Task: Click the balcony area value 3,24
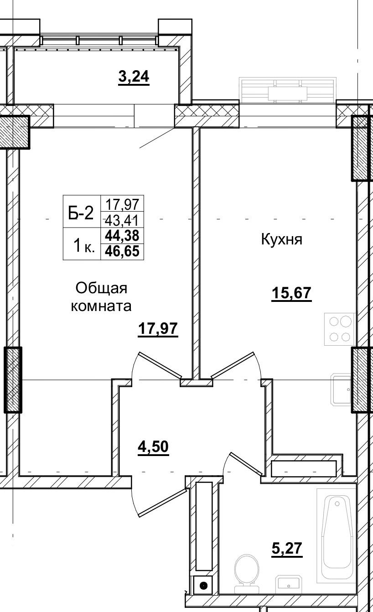click(x=134, y=77)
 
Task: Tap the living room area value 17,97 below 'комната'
click(x=158, y=328)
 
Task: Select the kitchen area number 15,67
click(x=291, y=293)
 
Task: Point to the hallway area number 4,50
click(x=153, y=447)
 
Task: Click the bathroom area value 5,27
click(x=287, y=548)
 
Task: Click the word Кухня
click(x=281, y=239)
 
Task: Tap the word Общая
click(x=101, y=288)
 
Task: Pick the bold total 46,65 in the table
click(x=122, y=251)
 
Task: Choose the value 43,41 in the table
click(x=122, y=221)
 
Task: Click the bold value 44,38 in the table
click(x=122, y=236)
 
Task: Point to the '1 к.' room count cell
click(x=83, y=247)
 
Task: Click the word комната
click(x=101, y=306)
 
